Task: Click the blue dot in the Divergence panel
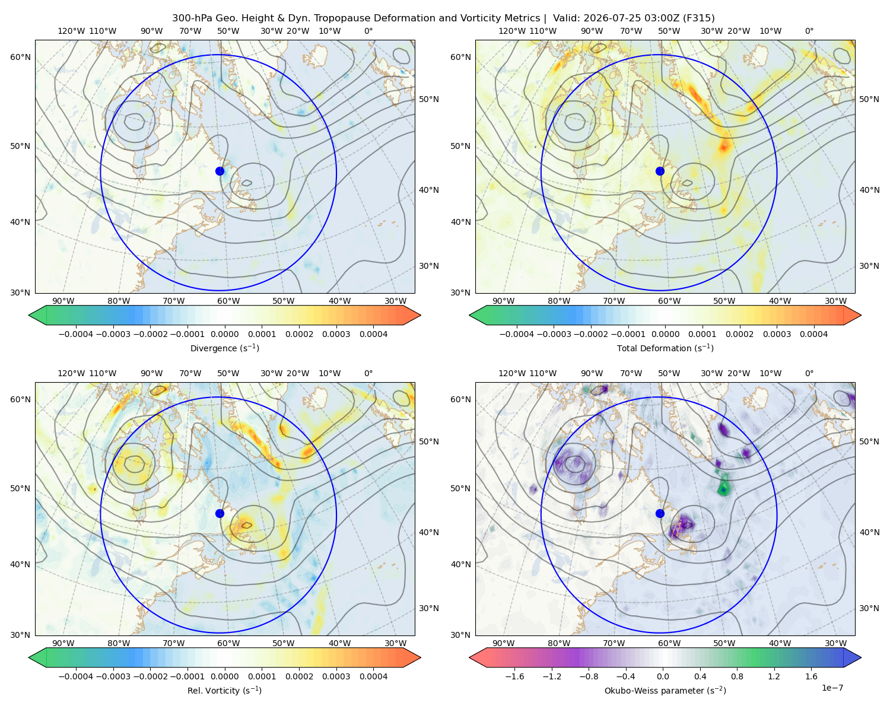pos(220,171)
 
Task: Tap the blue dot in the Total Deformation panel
pos(660,171)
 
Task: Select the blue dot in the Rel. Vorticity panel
pos(220,513)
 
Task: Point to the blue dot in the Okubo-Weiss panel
pos(660,513)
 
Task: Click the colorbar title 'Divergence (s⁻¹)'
pos(224,348)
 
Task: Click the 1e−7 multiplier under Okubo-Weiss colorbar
pos(832,688)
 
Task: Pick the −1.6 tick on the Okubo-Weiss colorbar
pos(514,676)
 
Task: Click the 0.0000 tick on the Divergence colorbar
pos(224,334)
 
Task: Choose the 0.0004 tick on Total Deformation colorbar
pos(814,334)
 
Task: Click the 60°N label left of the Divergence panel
pos(20,57)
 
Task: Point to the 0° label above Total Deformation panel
pos(809,31)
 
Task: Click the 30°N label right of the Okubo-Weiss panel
pos(869,608)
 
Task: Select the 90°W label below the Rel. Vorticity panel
pos(63,643)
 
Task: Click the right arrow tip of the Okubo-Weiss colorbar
pos(861,657)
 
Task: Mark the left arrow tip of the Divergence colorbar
pos(29,315)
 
